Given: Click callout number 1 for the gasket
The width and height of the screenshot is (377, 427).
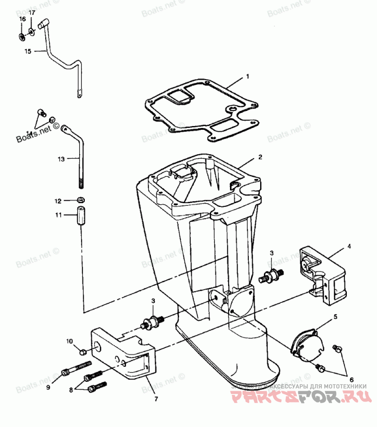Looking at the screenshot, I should pos(247,76).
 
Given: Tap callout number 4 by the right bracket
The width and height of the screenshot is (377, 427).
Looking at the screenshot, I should pos(349,245).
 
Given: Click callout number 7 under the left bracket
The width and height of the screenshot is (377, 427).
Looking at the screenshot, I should pos(156,399).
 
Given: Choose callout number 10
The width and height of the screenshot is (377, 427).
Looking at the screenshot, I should pos(69,341).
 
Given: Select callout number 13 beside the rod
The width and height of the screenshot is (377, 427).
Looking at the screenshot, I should pos(61,159).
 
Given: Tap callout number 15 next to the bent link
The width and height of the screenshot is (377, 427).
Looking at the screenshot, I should pos(27,51).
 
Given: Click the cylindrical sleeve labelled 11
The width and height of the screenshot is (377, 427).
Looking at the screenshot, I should pos(81,217).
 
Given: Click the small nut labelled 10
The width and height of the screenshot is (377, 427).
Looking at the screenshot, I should pos(82,351).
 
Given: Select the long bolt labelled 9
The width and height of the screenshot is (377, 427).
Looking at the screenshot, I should pos(76,369).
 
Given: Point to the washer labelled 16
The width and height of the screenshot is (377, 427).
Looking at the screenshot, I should pos(22,36).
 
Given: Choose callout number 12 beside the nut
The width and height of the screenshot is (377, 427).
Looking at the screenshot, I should pos(58,201).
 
